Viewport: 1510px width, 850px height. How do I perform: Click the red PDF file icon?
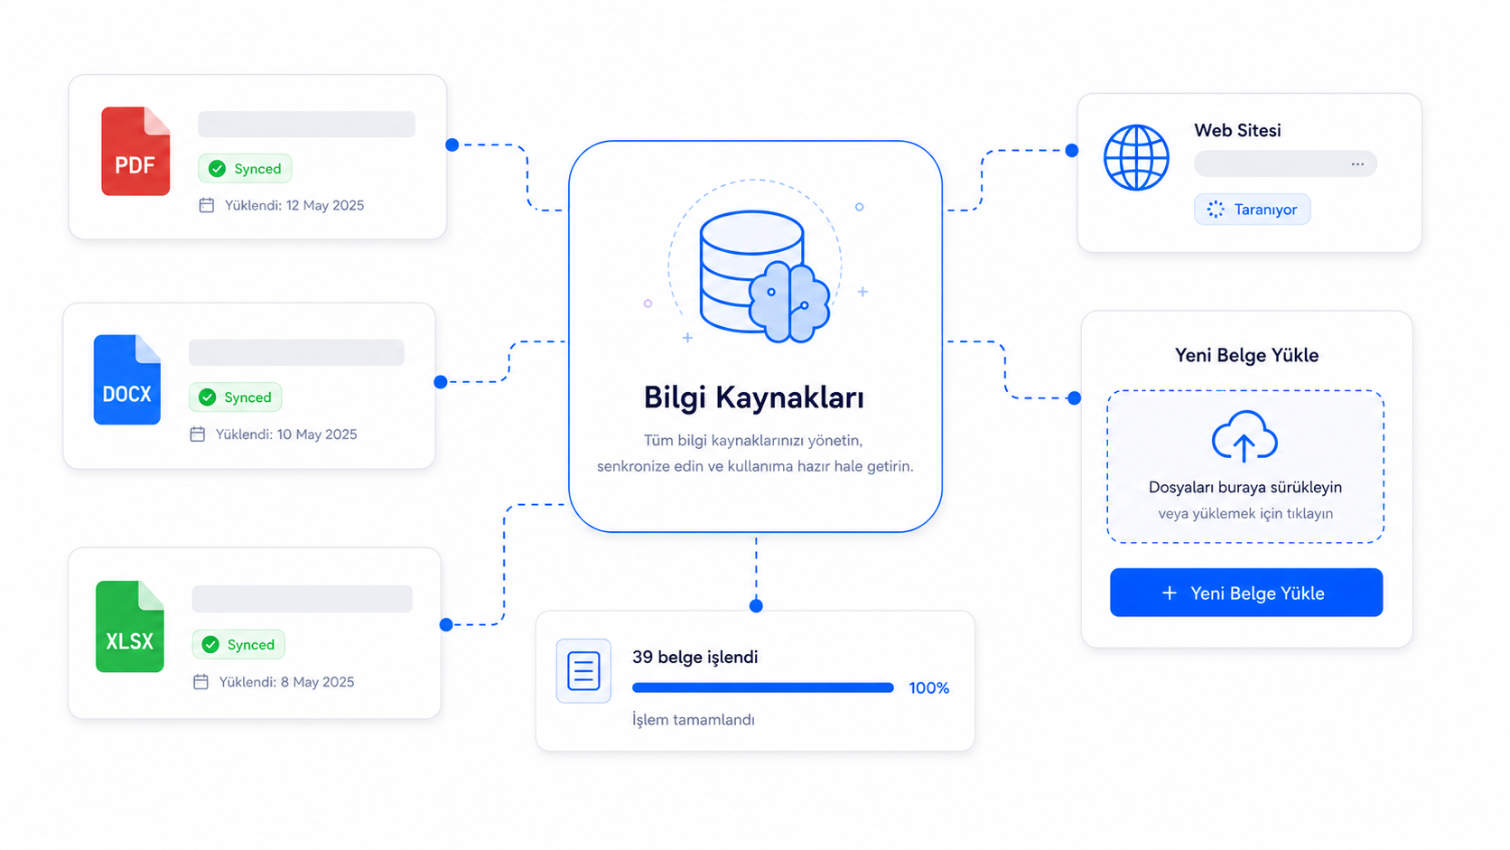(135, 151)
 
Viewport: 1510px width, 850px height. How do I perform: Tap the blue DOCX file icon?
(127, 379)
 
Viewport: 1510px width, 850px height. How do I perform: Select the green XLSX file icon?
(129, 626)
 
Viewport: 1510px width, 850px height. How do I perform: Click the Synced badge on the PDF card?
(245, 169)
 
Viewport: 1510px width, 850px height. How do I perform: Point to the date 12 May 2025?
(325, 206)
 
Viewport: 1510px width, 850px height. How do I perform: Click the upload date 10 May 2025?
(317, 434)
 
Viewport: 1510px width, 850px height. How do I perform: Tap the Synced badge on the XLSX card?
(238, 644)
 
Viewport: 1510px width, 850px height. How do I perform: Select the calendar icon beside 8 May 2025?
(200, 681)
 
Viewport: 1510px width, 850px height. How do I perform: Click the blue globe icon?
(1136, 158)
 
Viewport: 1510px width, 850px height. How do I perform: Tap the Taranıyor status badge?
(1253, 210)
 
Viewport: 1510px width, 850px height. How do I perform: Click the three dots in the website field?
(1357, 163)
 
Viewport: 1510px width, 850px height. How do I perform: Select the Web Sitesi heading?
(1237, 130)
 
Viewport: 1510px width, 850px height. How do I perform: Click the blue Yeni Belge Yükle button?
(1246, 593)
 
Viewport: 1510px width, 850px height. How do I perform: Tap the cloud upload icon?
(1244, 436)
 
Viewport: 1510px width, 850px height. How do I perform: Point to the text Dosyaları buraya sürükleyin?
(1245, 488)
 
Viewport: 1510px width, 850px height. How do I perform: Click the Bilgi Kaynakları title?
(754, 397)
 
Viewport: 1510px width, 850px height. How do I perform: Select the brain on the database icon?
(789, 302)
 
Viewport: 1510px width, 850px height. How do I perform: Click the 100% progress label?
(929, 688)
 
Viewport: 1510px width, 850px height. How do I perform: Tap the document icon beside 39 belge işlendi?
(583, 671)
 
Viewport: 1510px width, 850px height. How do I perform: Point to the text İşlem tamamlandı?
(694, 720)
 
